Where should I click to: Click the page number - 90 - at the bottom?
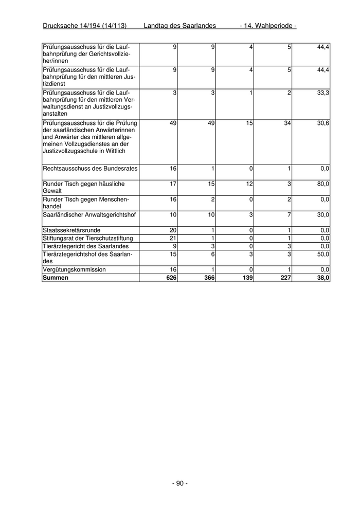click(179, 483)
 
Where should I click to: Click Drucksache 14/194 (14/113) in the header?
click(85, 26)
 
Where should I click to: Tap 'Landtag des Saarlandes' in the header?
click(179, 26)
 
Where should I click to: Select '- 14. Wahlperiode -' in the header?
click(268, 26)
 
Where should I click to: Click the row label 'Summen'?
click(56, 278)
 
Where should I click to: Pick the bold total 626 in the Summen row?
click(171, 278)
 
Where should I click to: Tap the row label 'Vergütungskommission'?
click(75, 269)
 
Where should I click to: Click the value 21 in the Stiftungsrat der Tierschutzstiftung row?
click(173, 238)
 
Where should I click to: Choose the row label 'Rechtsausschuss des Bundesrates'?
click(91, 168)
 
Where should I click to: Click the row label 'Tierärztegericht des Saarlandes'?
click(86, 246)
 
